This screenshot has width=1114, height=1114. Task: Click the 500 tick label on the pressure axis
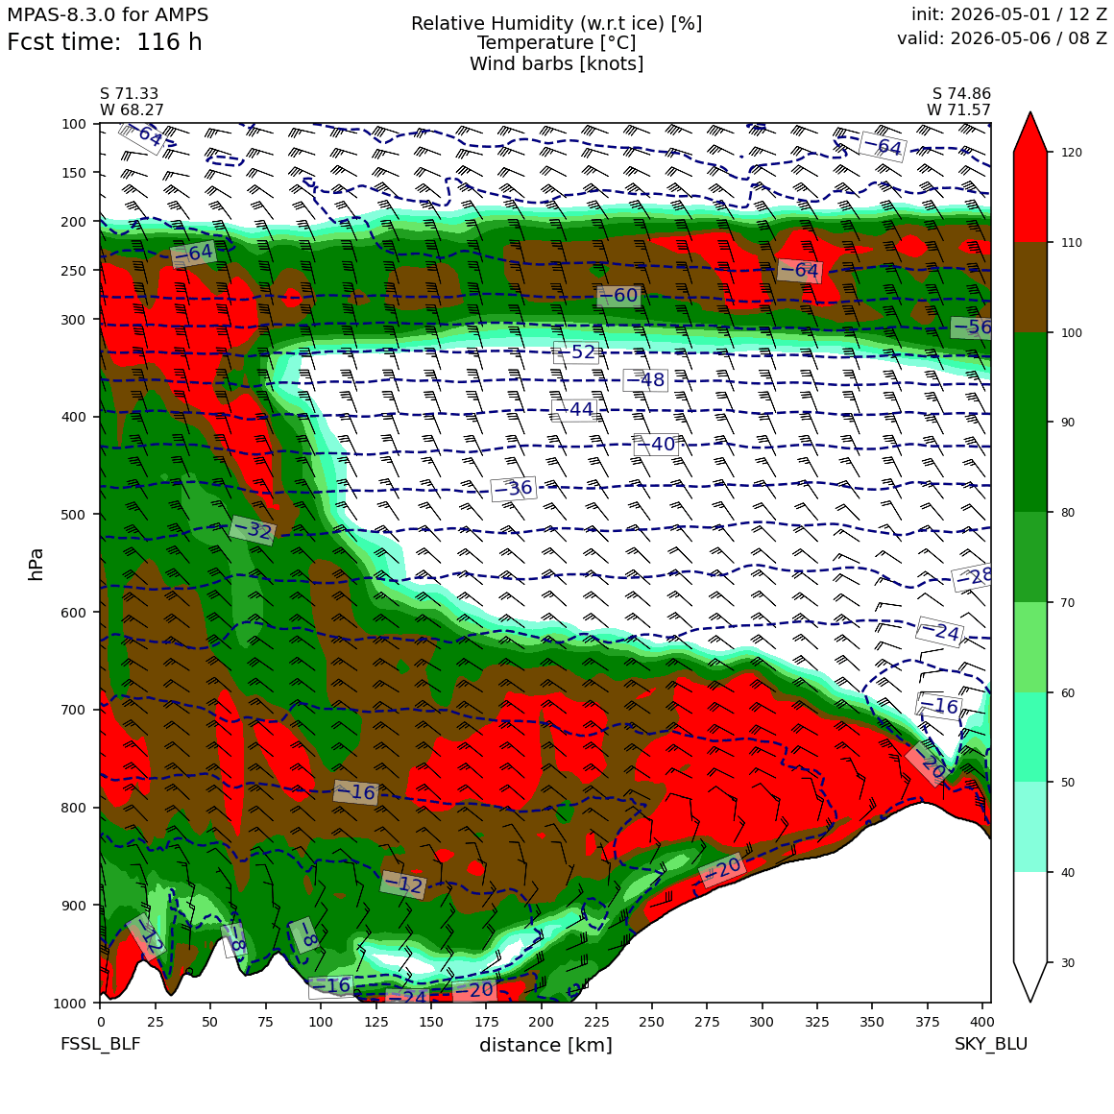pyautogui.click(x=74, y=515)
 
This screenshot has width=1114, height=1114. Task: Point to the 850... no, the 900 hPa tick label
pyautogui.click(x=74, y=905)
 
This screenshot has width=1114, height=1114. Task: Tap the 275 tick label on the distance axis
pyautogui.click(x=707, y=1023)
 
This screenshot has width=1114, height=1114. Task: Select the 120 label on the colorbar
pyautogui.click(x=1072, y=153)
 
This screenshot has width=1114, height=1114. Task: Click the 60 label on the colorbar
pyautogui.click(x=1068, y=692)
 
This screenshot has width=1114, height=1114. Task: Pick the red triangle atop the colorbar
pyautogui.click(x=1030, y=133)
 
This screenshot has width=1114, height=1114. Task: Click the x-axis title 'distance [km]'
pyautogui.click(x=545, y=1045)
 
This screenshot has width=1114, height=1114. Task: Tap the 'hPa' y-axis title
pyautogui.click(x=36, y=565)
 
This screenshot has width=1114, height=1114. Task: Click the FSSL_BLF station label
pyautogui.click(x=100, y=1044)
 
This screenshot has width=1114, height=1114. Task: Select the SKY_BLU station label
pyautogui.click(x=990, y=1044)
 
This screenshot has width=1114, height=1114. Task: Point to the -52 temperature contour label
pyautogui.click(x=575, y=352)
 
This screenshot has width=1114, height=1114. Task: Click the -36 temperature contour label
pyautogui.click(x=513, y=488)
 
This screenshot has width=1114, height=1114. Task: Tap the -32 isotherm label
pyautogui.click(x=253, y=529)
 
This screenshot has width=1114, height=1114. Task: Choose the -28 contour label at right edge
pyautogui.click(x=973, y=577)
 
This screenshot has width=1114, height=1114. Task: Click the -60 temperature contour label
pyautogui.click(x=618, y=296)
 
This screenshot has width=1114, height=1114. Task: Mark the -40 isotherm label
pyautogui.click(x=656, y=445)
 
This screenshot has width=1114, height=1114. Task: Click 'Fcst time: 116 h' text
pyautogui.click(x=105, y=42)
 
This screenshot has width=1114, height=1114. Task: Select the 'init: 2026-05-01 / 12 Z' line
pyautogui.click(x=1009, y=14)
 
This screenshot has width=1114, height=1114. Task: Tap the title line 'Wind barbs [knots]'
pyautogui.click(x=556, y=64)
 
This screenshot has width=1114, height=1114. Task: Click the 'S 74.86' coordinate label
pyautogui.click(x=961, y=94)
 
